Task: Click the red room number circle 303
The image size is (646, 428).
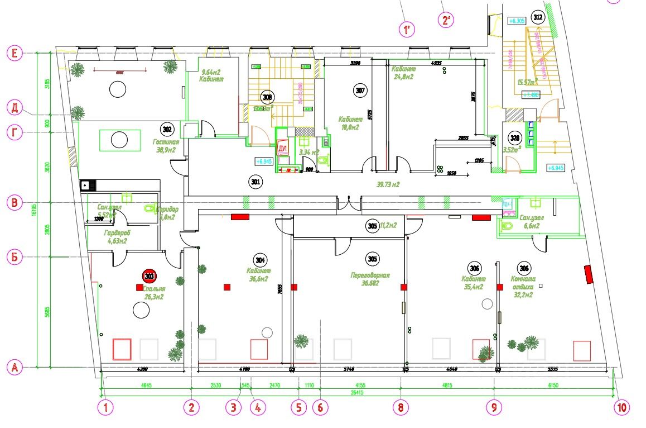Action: pos(150,275)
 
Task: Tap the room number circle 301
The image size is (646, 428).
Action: pos(255,181)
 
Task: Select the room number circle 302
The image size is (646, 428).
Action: pos(166,128)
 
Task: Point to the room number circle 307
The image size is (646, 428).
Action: pos(360,89)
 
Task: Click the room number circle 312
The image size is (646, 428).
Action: pos(538,17)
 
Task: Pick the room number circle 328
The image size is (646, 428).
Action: pos(514,137)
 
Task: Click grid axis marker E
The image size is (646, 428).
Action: pos(15,54)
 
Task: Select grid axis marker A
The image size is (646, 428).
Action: pos(15,368)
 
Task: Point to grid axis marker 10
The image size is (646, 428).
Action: pos(622,407)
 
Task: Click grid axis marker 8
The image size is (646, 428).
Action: pos(400,407)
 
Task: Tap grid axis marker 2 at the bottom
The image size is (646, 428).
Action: pos(191,407)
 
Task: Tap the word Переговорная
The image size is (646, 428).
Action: pos(370,275)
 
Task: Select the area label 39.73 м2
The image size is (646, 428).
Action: pos(389,184)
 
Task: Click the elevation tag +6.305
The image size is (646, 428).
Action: pos(517,21)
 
